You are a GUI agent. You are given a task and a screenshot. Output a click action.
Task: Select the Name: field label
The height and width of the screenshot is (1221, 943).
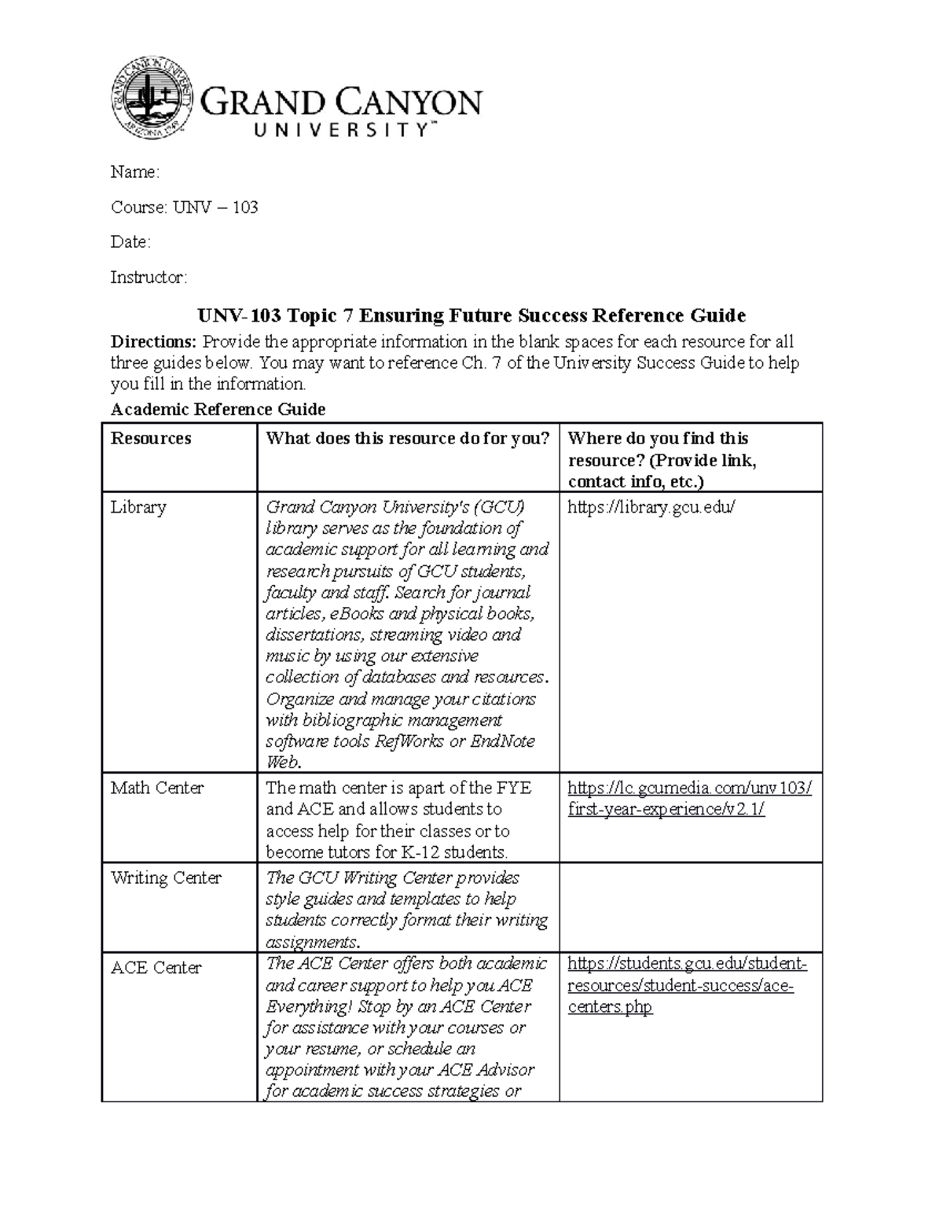click(x=134, y=172)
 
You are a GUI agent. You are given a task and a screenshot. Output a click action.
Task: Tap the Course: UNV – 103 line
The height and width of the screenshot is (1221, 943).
click(x=184, y=208)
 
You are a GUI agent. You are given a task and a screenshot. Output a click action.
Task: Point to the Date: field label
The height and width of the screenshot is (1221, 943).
click(x=130, y=242)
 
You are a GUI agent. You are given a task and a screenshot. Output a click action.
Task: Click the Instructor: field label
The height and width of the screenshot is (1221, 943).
click(x=149, y=277)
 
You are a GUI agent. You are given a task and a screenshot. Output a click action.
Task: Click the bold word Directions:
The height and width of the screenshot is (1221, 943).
click(x=154, y=342)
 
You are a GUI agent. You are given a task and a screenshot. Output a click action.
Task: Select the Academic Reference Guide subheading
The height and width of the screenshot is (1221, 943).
click(x=218, y=409)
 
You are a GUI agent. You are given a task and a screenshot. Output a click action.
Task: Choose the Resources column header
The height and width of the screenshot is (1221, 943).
click(x=151, y=439)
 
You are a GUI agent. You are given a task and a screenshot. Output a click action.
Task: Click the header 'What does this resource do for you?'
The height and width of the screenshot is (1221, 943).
click(x=407, y=439)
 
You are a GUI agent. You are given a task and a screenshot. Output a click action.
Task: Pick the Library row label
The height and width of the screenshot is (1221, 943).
click(x=138, y=507)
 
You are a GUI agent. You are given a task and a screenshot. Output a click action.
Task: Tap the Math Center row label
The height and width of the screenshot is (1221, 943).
click(x=157, y=788)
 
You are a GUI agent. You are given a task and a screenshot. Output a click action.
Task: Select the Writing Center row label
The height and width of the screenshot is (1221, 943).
click(x=166, y=877)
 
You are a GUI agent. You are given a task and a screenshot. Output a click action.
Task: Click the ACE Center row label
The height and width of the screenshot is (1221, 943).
click(x=156, y=968)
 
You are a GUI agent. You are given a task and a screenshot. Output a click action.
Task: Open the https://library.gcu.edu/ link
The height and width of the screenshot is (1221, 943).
click(x=651, y=507)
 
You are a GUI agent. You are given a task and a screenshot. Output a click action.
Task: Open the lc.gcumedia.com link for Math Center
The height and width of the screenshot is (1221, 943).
click(x=689, y=799)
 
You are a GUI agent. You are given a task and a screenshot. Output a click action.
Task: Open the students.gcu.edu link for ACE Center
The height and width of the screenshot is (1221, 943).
click(x=686, y=985)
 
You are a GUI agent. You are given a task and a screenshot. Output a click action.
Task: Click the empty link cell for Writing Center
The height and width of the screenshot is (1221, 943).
click(x=690, y=907)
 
